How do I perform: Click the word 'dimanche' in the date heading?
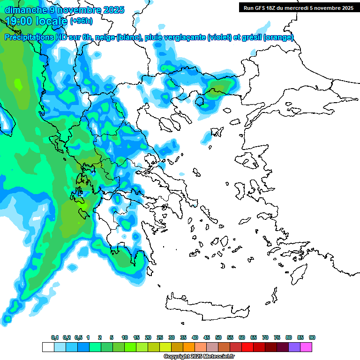click(x=22, y=10)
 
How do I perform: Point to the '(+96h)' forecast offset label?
click(x=82, y=21)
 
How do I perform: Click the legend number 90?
click(x=312, y=337)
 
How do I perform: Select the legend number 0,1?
click(x=55, y=337)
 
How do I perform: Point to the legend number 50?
click(x=218, y=337)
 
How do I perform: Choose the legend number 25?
click(x=160, y=337)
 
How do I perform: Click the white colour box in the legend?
click(x=48, y=347)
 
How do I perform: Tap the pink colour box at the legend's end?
click(x=307, y=347)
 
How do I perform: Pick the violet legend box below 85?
click(x=294, y=347)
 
